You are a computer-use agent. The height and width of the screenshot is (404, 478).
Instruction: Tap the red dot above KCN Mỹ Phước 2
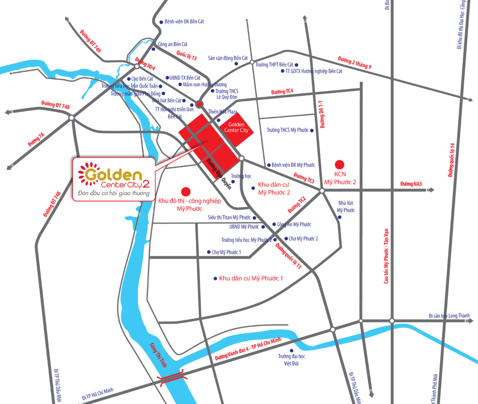[340, 164]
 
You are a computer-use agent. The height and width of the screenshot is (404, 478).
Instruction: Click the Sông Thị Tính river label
[158, 352]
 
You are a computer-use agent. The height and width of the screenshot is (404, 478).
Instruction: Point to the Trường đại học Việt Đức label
[291, 359]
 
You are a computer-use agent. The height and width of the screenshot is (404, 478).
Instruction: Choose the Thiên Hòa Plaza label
[222, 112]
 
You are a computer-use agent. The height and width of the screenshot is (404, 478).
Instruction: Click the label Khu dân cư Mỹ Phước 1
[251, 278]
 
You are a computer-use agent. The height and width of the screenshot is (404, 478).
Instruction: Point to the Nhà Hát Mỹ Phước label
[346, 207]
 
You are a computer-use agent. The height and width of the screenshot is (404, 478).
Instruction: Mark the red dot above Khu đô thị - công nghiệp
[185, 191]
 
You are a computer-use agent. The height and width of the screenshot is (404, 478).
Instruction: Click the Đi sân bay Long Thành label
[449, 316]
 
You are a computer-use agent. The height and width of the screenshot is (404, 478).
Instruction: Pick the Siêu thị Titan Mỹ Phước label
[229, 217]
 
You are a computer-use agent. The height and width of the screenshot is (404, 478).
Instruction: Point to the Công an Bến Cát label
[173, 44]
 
